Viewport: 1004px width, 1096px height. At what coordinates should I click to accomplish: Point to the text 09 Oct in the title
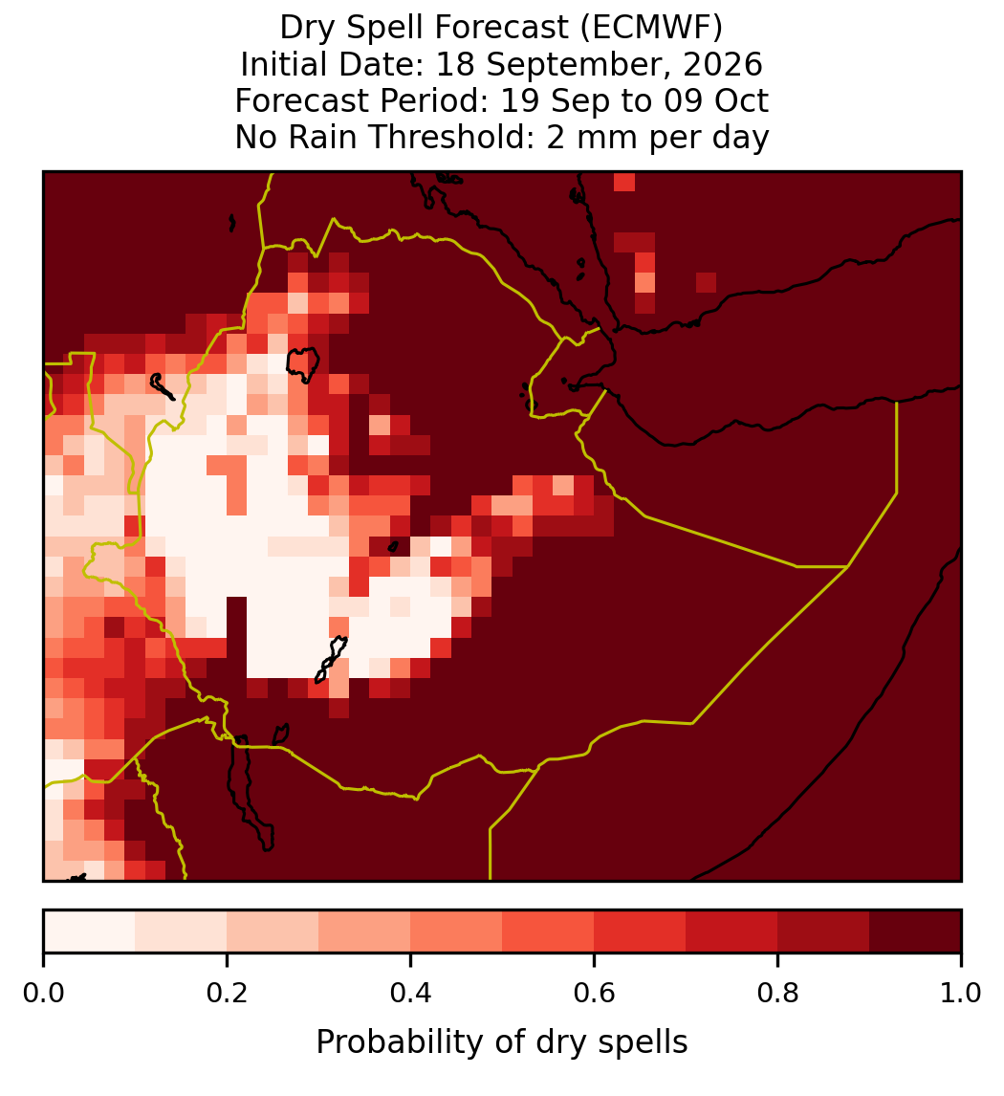(x=716, y=100)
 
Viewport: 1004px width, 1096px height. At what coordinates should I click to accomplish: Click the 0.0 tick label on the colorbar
(x=43, y=993)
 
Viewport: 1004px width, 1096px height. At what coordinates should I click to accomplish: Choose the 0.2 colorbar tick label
(x=227, y=993)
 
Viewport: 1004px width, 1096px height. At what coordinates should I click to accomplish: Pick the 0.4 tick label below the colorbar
(x=411, y=993)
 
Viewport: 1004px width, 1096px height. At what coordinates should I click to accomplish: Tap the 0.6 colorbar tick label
(x=595, y=993)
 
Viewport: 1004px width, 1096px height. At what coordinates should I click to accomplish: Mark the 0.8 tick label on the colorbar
(x=777, y=993)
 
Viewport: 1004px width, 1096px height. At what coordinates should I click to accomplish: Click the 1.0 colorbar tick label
(x=961, y=993)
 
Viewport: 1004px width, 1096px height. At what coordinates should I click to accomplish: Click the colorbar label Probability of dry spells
(x=502, y=1042)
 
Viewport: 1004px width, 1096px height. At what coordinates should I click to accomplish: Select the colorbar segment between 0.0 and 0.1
(x=90, y=932)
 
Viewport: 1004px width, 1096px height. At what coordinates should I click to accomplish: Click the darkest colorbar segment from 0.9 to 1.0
(x=915, y=932)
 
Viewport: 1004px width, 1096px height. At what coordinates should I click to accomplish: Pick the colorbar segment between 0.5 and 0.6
(x=549, y=932)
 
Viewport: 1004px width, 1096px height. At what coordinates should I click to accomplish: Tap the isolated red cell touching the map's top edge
(x=624, y=181)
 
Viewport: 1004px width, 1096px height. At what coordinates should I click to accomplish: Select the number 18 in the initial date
(x=455, y=64)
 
